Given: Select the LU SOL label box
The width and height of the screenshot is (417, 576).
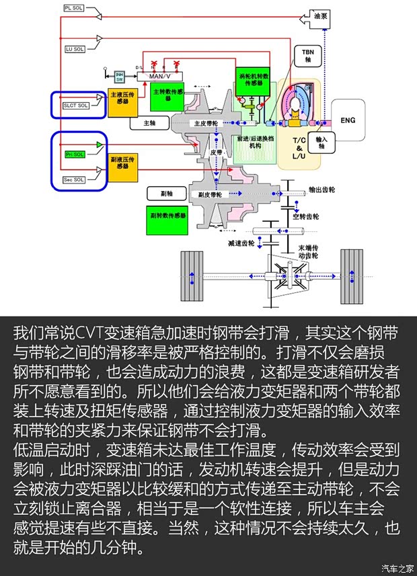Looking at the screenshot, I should [x=74, y=49].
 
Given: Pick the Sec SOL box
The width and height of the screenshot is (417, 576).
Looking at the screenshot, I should [x=74, y=179].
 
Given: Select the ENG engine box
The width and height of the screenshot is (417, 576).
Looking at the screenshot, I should [x=348, y=120].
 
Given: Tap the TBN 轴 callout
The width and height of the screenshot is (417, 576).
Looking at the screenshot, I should [x=308, y=55].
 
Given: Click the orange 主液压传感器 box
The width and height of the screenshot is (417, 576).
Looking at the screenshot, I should [x=124, y=101].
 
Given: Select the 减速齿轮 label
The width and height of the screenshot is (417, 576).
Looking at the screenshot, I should [x=241, y=243].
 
